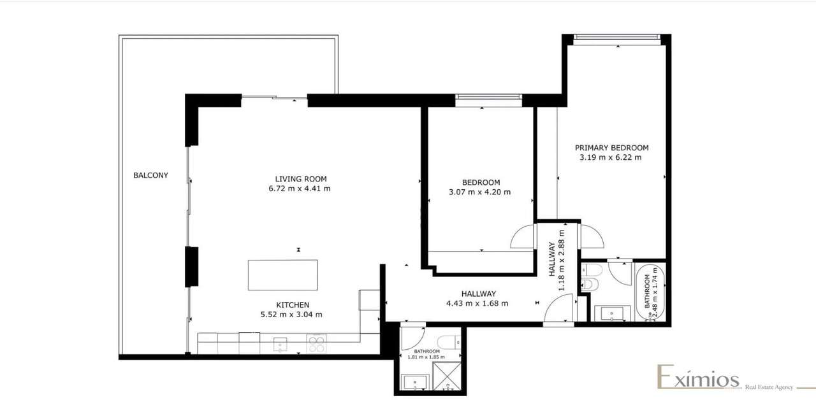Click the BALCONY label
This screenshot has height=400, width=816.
150,175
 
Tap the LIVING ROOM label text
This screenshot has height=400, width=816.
300,179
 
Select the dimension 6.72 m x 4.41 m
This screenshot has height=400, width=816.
300,189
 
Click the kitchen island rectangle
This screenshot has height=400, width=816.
282,275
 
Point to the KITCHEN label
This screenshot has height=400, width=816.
293,304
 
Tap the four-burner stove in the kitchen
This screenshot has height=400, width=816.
317,344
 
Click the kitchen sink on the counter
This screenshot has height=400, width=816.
280,345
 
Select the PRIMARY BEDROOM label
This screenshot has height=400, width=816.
611,147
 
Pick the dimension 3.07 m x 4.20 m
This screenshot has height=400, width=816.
481,192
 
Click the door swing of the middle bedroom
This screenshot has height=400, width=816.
523,238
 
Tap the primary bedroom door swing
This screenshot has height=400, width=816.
591,236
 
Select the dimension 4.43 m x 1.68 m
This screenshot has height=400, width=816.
478,303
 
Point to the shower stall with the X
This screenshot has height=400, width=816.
449,376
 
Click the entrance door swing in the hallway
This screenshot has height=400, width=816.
558,311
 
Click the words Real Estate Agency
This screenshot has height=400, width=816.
769,387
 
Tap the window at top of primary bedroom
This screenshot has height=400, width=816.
615,37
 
